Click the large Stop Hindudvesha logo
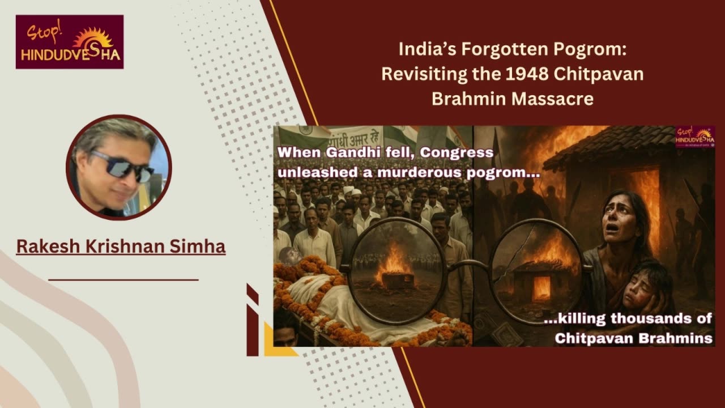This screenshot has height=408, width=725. [70, 42]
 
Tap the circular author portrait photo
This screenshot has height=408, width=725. [119, 167]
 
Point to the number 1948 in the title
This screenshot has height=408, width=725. [527, 74]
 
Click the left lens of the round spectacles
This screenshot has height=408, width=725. [396, 271]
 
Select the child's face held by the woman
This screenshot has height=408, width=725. [638, 289]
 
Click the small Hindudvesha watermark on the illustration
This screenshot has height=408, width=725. [694, 137]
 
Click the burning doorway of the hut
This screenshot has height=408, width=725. [644, 207]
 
